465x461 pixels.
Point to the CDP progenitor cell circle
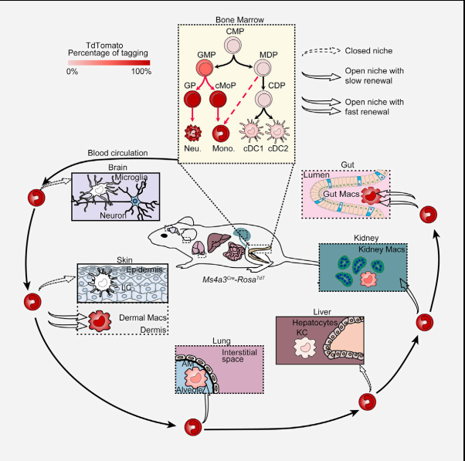[264, 100]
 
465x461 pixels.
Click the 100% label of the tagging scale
[141, 71]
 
